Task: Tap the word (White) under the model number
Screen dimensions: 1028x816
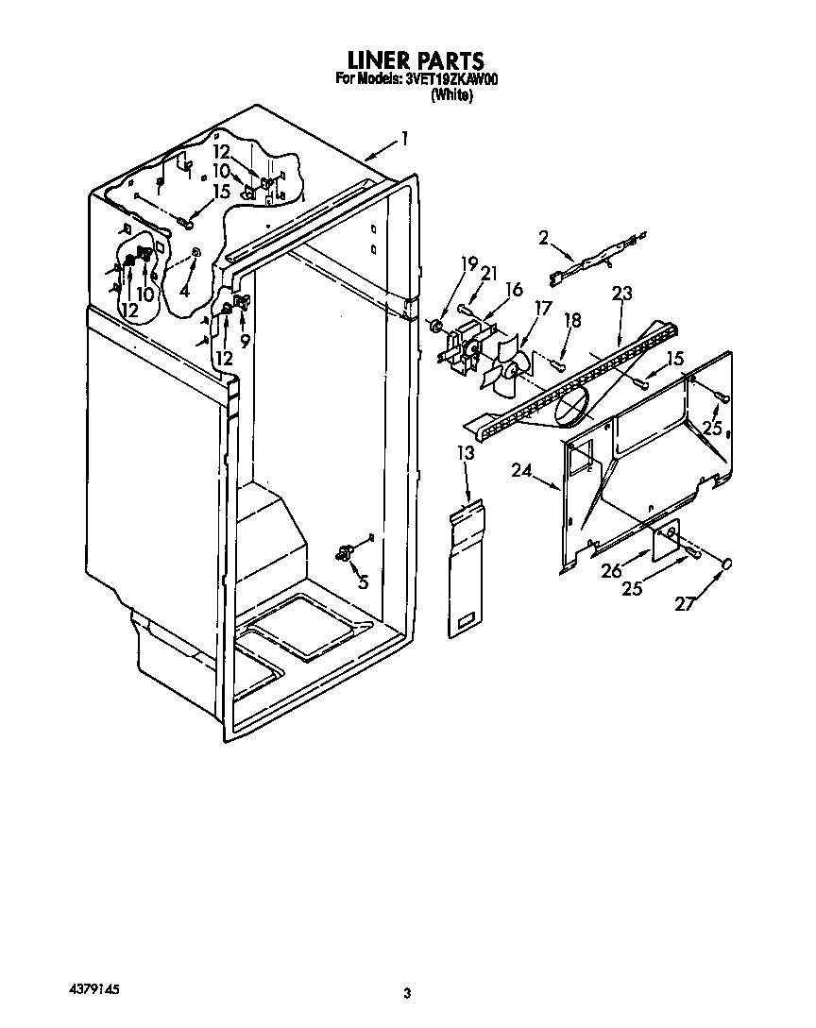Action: tap(451, 95)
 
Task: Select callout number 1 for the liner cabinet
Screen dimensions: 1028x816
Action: tap(404, 139)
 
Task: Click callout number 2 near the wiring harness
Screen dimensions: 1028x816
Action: tap(543, 238)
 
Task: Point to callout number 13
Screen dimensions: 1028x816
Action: tap(465, 454)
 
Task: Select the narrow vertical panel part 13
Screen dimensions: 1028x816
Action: tap(465, 571)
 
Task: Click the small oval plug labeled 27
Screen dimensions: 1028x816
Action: tap(728, 564)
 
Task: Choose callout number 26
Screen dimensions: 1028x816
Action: tap(612, 571)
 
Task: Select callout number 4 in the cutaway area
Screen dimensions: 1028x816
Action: tap(185, 293)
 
